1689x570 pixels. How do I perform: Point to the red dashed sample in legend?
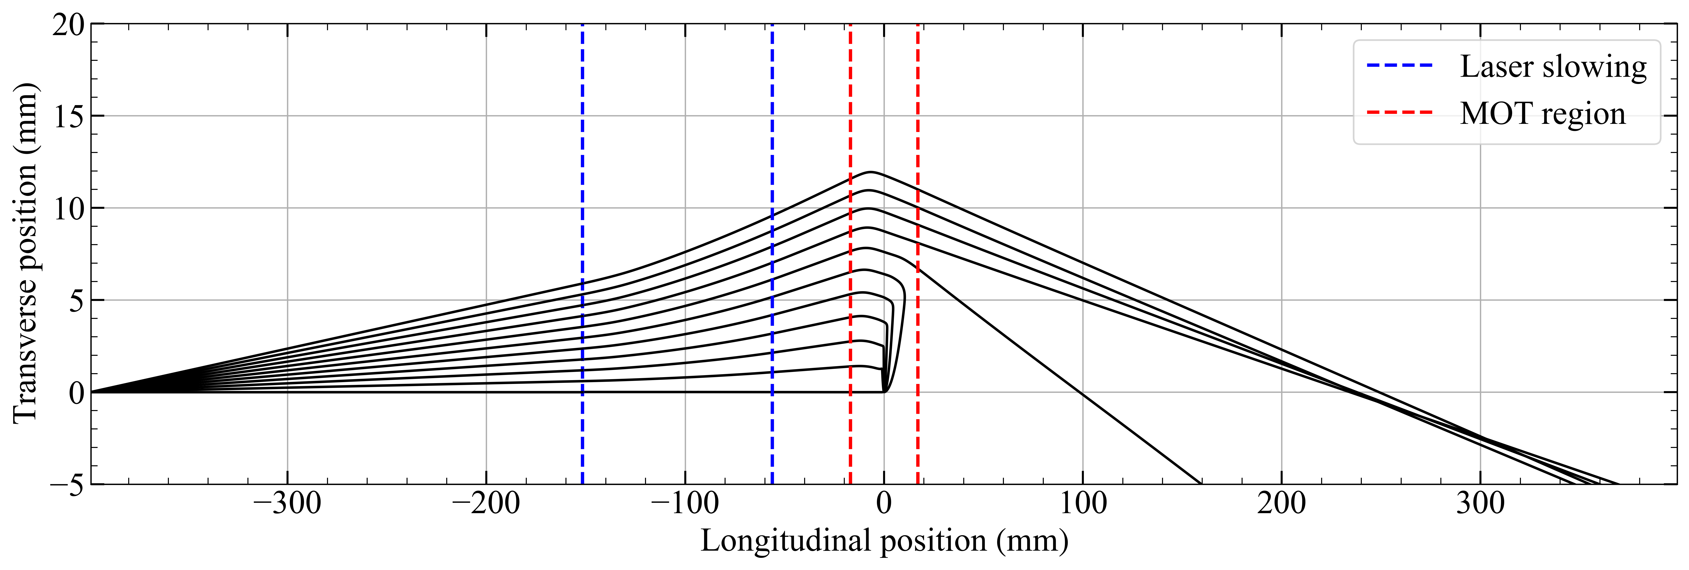1399,113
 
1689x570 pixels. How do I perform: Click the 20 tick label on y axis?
68,25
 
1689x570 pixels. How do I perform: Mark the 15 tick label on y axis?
68,117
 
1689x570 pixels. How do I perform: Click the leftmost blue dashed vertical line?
582,262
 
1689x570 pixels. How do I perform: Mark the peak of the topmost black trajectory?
871,172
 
